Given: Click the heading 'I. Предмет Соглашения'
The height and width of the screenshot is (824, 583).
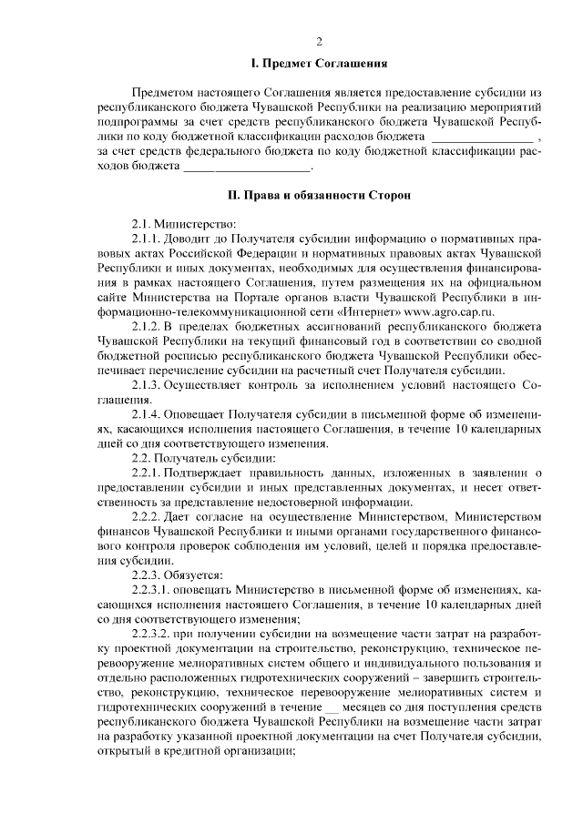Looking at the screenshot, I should [x=320, y=65].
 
